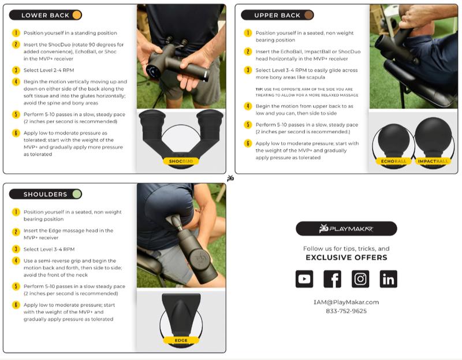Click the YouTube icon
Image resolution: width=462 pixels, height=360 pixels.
coord(304,279)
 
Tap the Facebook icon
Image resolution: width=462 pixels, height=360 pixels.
coord(332,279)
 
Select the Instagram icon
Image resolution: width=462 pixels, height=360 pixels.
coord(360,279)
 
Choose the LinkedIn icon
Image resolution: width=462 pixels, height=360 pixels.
coord(388,279)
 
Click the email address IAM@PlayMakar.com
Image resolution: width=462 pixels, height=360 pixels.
coord(346,302)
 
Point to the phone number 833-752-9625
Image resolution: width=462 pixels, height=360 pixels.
coord(346,311)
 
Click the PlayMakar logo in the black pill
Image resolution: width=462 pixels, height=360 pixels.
coord(346,228)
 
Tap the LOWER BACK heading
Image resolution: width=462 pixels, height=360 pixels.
coord(45,16)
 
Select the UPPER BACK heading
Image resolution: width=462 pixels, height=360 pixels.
coord(277,16)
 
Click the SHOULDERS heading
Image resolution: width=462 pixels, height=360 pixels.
coord(45,194)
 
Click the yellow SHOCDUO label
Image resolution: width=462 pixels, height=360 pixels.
coord(181,161)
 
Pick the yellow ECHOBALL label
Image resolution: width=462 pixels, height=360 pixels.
coord(393,161)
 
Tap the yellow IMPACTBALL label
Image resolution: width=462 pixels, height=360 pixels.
coord(433,161)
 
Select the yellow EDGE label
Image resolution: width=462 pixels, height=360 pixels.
coord(181,340)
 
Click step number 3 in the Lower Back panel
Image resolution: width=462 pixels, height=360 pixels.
coord(16,70)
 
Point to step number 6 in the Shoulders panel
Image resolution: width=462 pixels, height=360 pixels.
coord(16,305)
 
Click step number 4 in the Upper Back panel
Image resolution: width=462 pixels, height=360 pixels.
coord(248,106)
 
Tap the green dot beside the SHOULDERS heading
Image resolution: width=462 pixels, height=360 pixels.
coord(77,194)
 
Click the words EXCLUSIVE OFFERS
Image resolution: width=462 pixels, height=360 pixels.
coord(346,257)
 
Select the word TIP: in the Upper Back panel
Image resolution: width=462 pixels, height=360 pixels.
coord(259,89)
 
